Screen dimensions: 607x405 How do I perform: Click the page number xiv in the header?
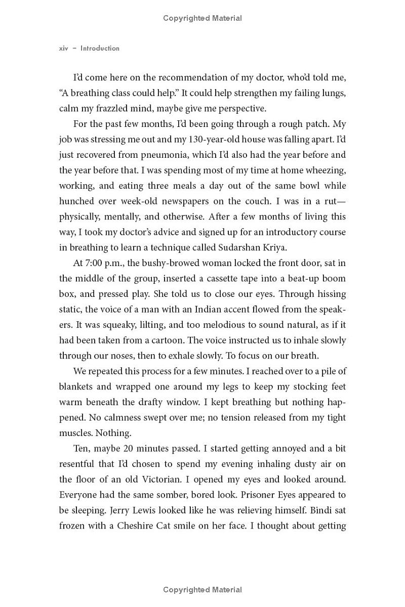coord(64,49)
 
